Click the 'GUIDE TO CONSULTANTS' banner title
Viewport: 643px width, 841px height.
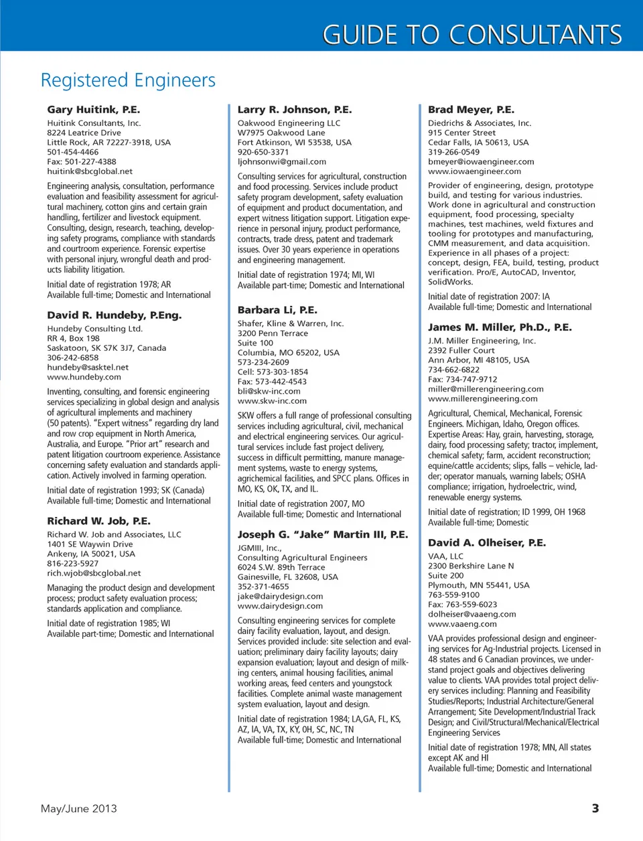coord(472,34)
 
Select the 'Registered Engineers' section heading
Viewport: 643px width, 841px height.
coord(128,80)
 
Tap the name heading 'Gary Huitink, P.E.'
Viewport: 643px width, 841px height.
coord(93,109)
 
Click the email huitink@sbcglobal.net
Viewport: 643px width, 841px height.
coord(90,171)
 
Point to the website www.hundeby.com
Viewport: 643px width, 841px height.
coord(84,377)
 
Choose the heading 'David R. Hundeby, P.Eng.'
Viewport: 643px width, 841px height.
coord(114,315)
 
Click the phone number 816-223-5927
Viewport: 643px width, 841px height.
coord(72,564)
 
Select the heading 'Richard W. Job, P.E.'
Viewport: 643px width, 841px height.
coord(98,521)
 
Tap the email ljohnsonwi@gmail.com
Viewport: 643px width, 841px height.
coord(281,161)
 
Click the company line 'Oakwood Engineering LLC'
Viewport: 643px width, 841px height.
coord(289,123)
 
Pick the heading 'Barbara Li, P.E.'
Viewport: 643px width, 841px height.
coord(277,310)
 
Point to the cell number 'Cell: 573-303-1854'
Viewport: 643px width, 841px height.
coord(273,372)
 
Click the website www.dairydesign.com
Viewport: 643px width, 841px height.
coord(280,606)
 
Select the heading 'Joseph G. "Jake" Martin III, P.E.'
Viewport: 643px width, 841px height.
coord(322,534)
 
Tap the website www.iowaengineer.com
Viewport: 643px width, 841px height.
coord(474,171)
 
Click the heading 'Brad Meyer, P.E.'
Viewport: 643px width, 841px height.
coord(471,109)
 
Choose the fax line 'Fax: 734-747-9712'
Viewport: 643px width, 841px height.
coord(462,380)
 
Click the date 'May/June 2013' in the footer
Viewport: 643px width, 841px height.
coord(78,808)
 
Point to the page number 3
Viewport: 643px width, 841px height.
coord(595,808)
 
